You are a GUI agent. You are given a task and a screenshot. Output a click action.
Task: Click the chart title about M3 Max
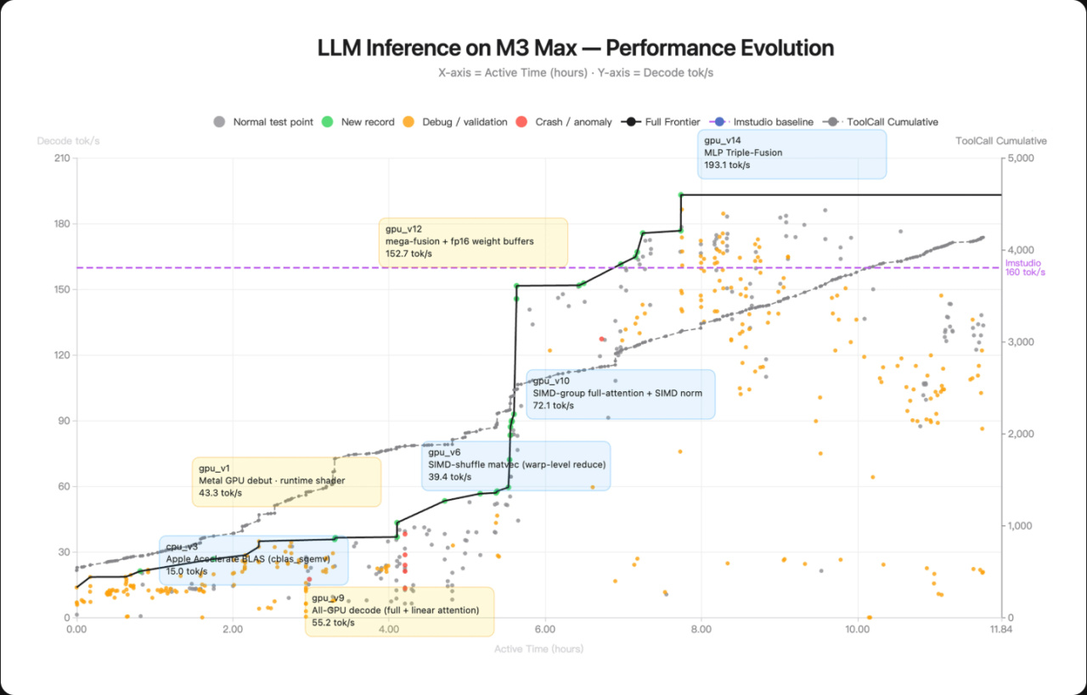[575, 48]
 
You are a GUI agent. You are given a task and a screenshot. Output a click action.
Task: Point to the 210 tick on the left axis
[62, 159]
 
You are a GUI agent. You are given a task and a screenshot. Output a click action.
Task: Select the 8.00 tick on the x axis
[701, 630]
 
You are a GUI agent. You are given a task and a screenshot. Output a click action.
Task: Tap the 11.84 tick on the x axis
[1001, 630]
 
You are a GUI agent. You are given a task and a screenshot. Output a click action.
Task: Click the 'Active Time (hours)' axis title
[538, 649]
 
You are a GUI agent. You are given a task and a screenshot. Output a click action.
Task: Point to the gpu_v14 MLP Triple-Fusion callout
[791, 154]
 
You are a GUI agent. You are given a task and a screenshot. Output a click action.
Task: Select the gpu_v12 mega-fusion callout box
[473, 242]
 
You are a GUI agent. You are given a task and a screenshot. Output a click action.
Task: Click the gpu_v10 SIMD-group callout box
[621, 394]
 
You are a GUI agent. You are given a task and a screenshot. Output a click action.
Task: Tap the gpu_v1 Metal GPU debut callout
[286, 481]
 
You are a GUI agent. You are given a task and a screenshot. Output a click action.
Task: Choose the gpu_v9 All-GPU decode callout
[399, 611]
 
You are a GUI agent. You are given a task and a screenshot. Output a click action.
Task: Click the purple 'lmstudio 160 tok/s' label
[1024, 267]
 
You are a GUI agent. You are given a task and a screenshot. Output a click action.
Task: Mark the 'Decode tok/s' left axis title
[68, 141]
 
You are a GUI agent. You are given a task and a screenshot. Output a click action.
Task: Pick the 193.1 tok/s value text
[727, 165]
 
